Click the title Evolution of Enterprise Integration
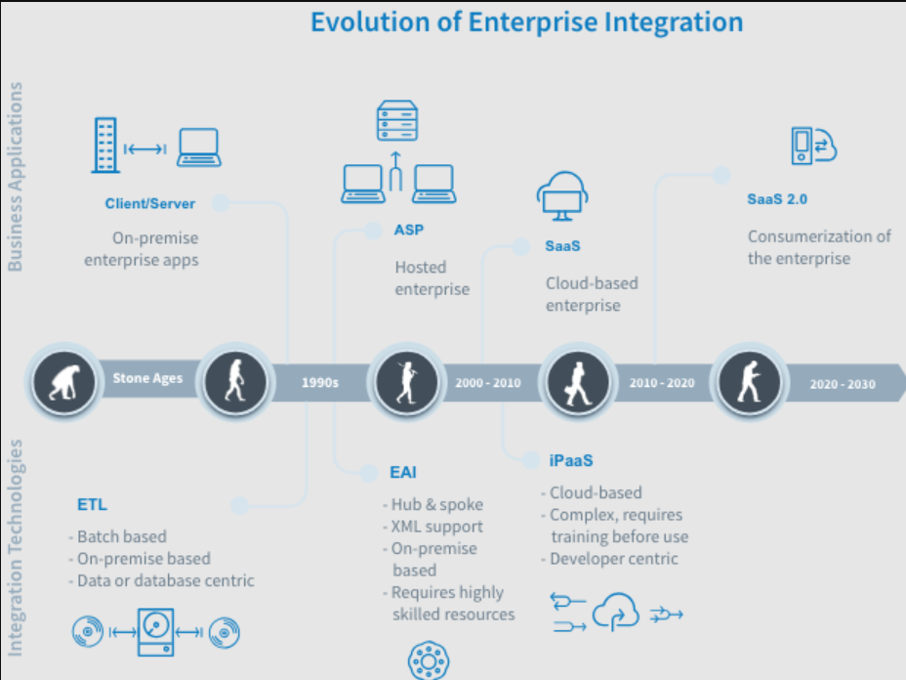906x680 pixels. click(526, 22)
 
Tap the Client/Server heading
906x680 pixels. click(149, 203)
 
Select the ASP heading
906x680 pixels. click(408, 230)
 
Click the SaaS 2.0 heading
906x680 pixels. click(776, 199)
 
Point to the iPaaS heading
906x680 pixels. click(571, 460)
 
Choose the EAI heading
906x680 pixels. click(403, 473)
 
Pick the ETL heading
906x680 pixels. click(92, 505)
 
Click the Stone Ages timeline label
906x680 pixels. click(147, 378)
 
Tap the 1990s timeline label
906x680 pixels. click(319, 382)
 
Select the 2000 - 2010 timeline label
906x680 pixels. click(488, 383)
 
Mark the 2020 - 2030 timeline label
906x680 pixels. click(843, 384)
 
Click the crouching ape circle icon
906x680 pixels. click(64, 382)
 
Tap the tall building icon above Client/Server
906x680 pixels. click(105, 146)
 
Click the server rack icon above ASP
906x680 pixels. click(397, 121)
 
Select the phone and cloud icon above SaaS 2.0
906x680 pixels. click(813, 146)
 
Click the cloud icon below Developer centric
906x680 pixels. click(616, 612)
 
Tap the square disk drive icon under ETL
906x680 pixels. click(155, 631)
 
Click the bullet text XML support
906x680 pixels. click(436, 527)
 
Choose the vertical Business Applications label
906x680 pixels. click(15, 177)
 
